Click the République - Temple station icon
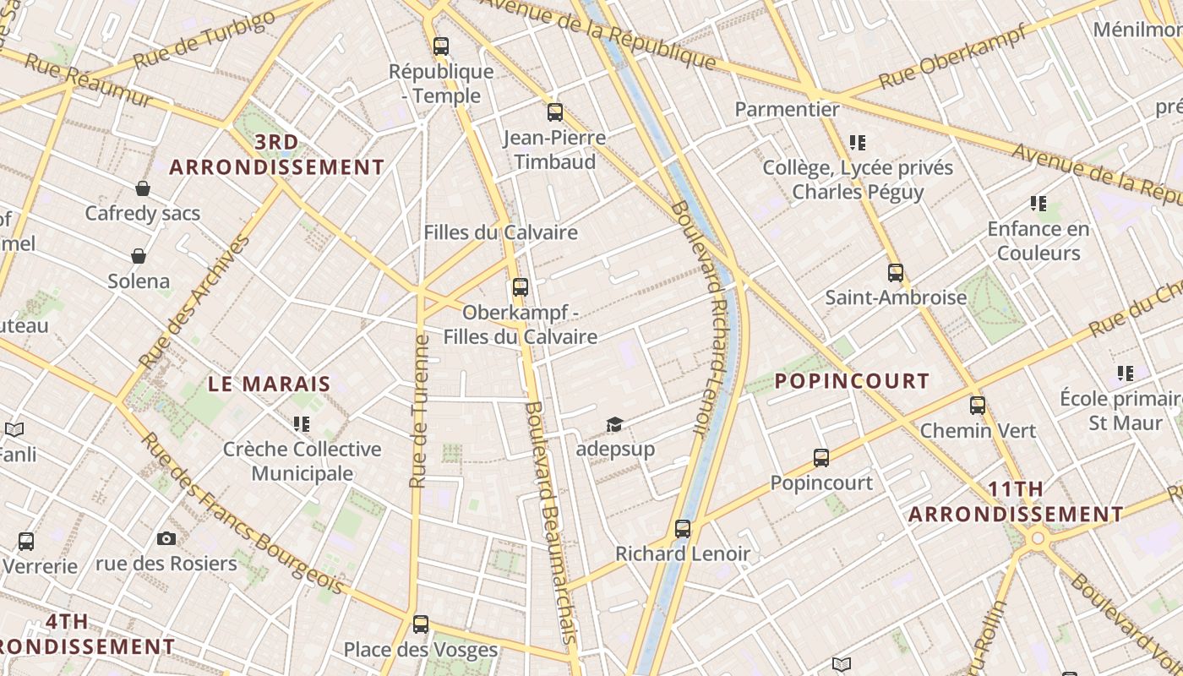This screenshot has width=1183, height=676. click(441, 46)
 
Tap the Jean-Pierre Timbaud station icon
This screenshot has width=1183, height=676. click(555, 112)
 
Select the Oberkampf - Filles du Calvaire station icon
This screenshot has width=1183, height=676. click(521, 286)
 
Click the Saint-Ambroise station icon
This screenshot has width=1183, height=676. click(896, 272)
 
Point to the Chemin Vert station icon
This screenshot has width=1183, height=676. click(978, 405)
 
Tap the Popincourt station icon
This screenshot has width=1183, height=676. click(821, 457)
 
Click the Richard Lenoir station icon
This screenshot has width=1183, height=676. click(683, 528)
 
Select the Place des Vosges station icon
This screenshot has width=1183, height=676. click(421, 624)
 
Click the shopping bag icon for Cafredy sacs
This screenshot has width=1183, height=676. click(143, 188)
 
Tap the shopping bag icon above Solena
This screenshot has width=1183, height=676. click(139, 255)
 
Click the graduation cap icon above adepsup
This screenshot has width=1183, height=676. click(614, 423)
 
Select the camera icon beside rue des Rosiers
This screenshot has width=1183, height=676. click(166, 538)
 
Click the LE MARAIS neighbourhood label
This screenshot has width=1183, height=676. click(269, 384)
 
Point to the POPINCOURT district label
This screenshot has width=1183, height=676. click(852, 381)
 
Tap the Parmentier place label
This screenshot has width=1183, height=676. click(787, 109)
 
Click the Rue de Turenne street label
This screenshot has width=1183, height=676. click(419, 412)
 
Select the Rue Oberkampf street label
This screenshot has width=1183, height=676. click(952, 57)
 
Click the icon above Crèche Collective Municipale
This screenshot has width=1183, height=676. click(302, 423)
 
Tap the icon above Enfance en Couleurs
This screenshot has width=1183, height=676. click(1039, 203)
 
